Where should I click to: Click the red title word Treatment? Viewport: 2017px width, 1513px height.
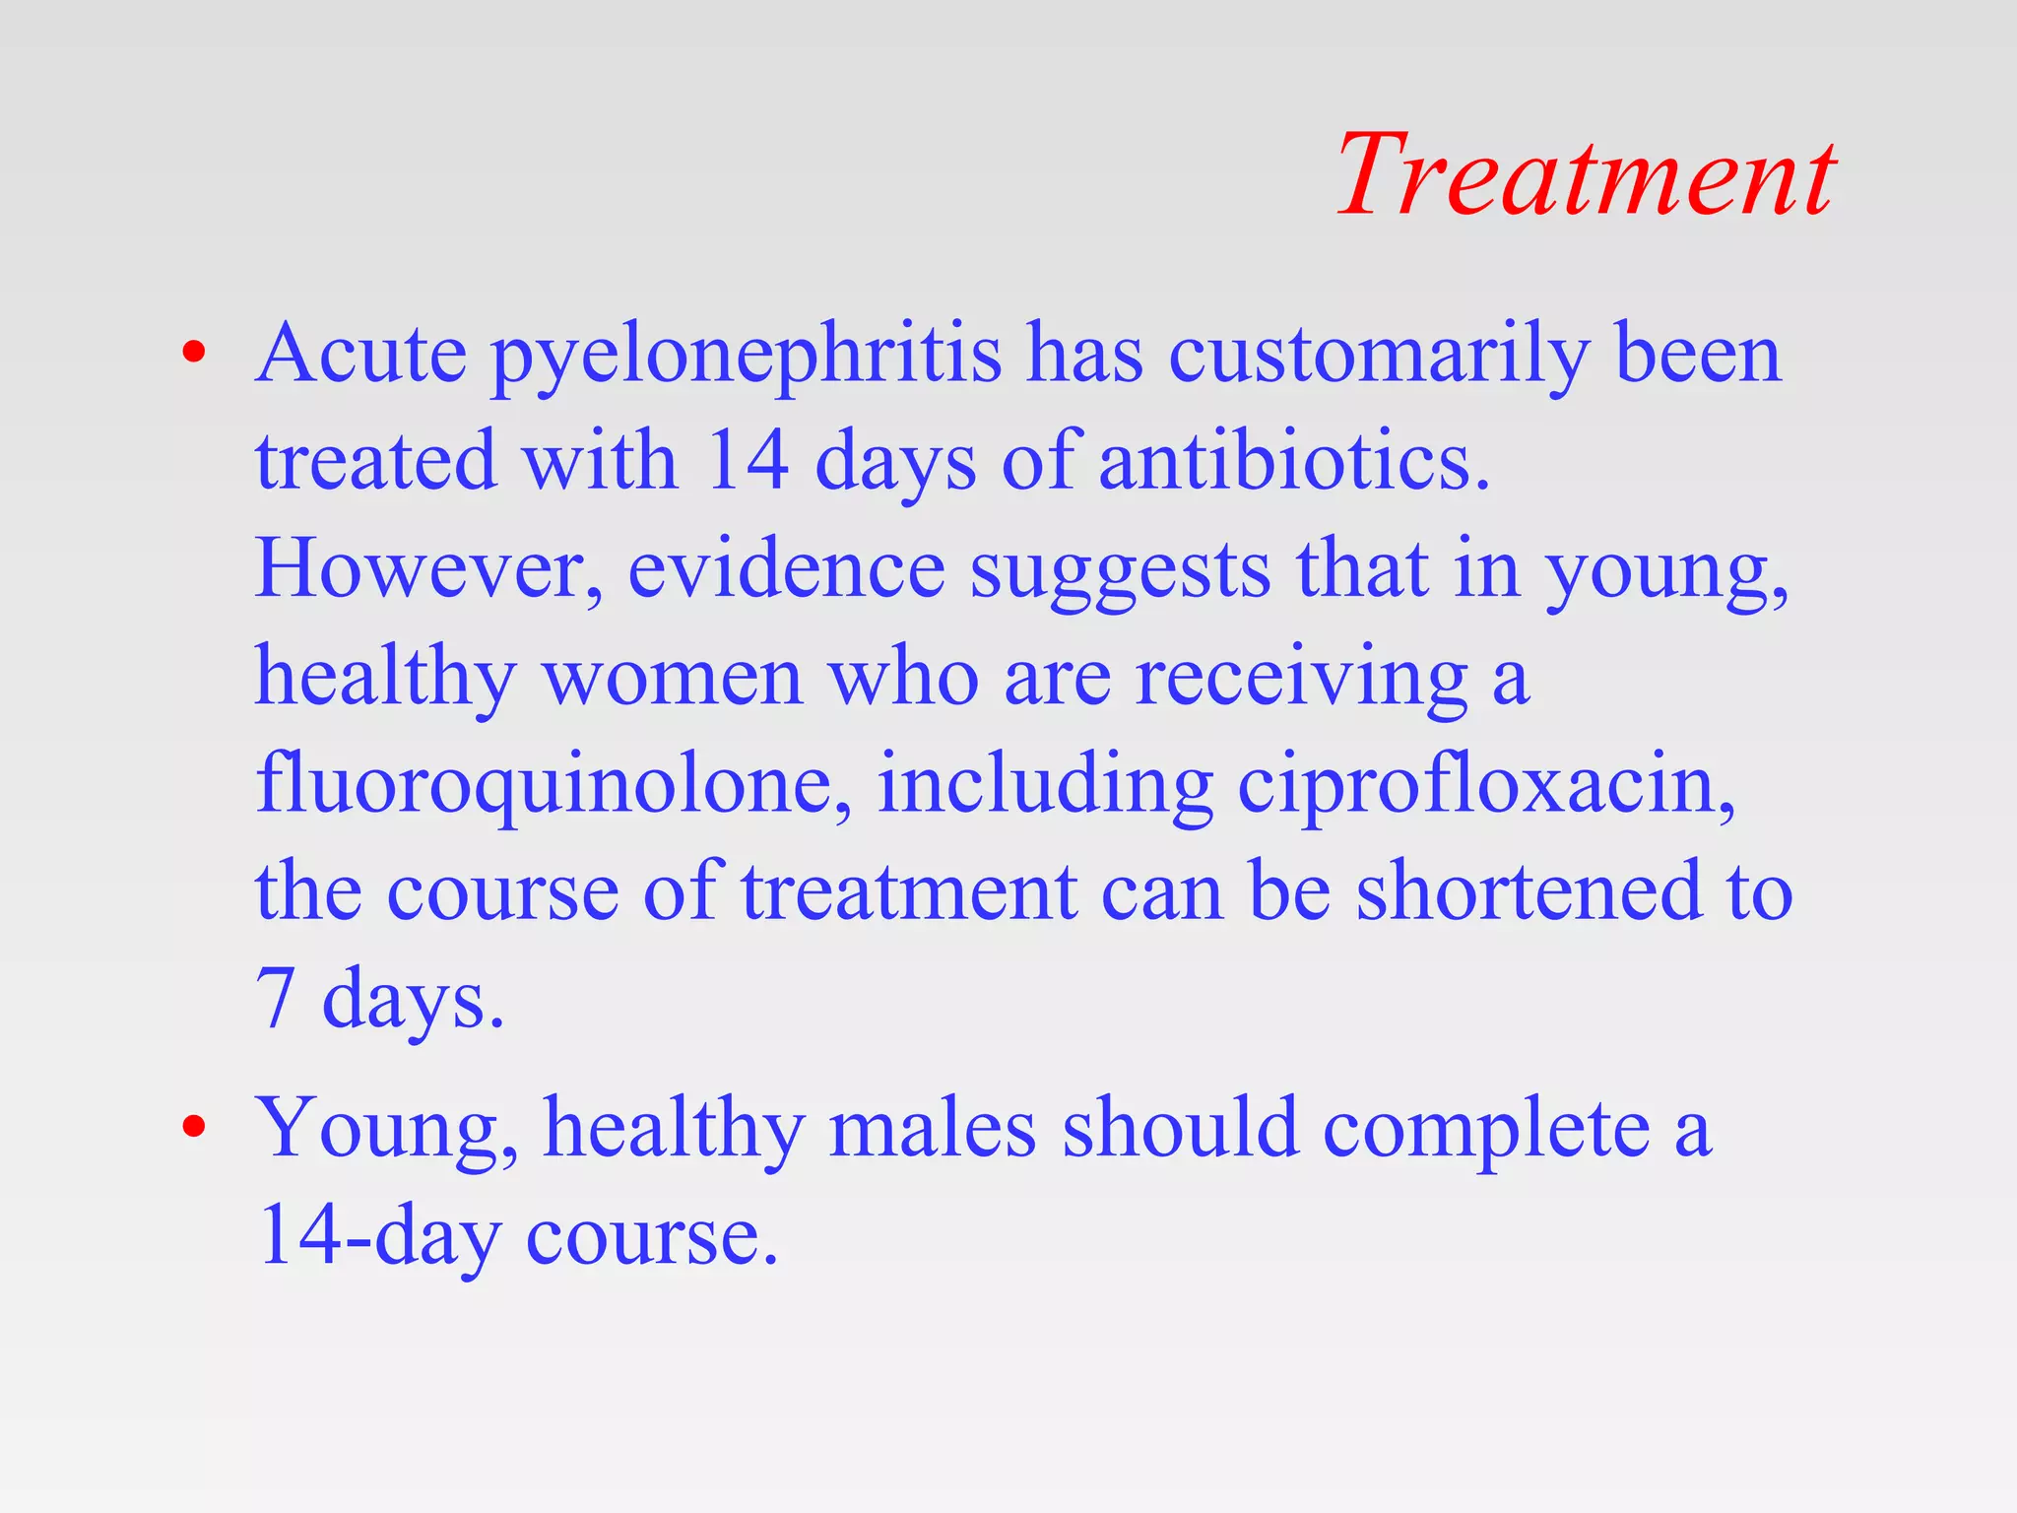(1585, 175)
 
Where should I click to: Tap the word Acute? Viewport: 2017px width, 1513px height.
(360, 355)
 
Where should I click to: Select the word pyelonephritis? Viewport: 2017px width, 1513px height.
(747, 357)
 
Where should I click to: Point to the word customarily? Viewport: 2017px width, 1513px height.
(1379, 357)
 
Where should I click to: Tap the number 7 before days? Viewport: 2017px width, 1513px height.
(276, 999)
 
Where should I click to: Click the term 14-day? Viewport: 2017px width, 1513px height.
(379, 1237)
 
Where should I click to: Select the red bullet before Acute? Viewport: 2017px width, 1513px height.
(194, 352)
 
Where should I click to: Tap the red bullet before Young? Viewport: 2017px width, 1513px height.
(194, 1126)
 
